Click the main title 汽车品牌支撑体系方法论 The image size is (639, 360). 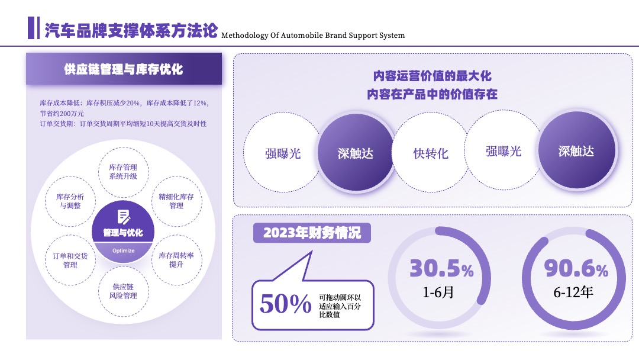point(131,30)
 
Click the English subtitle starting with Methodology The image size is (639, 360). point(313,36)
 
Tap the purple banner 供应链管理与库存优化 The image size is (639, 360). point(124,69)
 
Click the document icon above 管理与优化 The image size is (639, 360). point(124,217)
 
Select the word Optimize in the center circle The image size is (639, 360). point(124,250)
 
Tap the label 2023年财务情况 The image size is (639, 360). point(312,233)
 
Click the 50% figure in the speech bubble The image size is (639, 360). point(286,304)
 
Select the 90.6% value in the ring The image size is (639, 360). point(576,268)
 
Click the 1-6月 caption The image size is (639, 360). point(438,292)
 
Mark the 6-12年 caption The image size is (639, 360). point(573,292)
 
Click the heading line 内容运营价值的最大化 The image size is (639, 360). point(433,76)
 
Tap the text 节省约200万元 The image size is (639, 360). point(62,114)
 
